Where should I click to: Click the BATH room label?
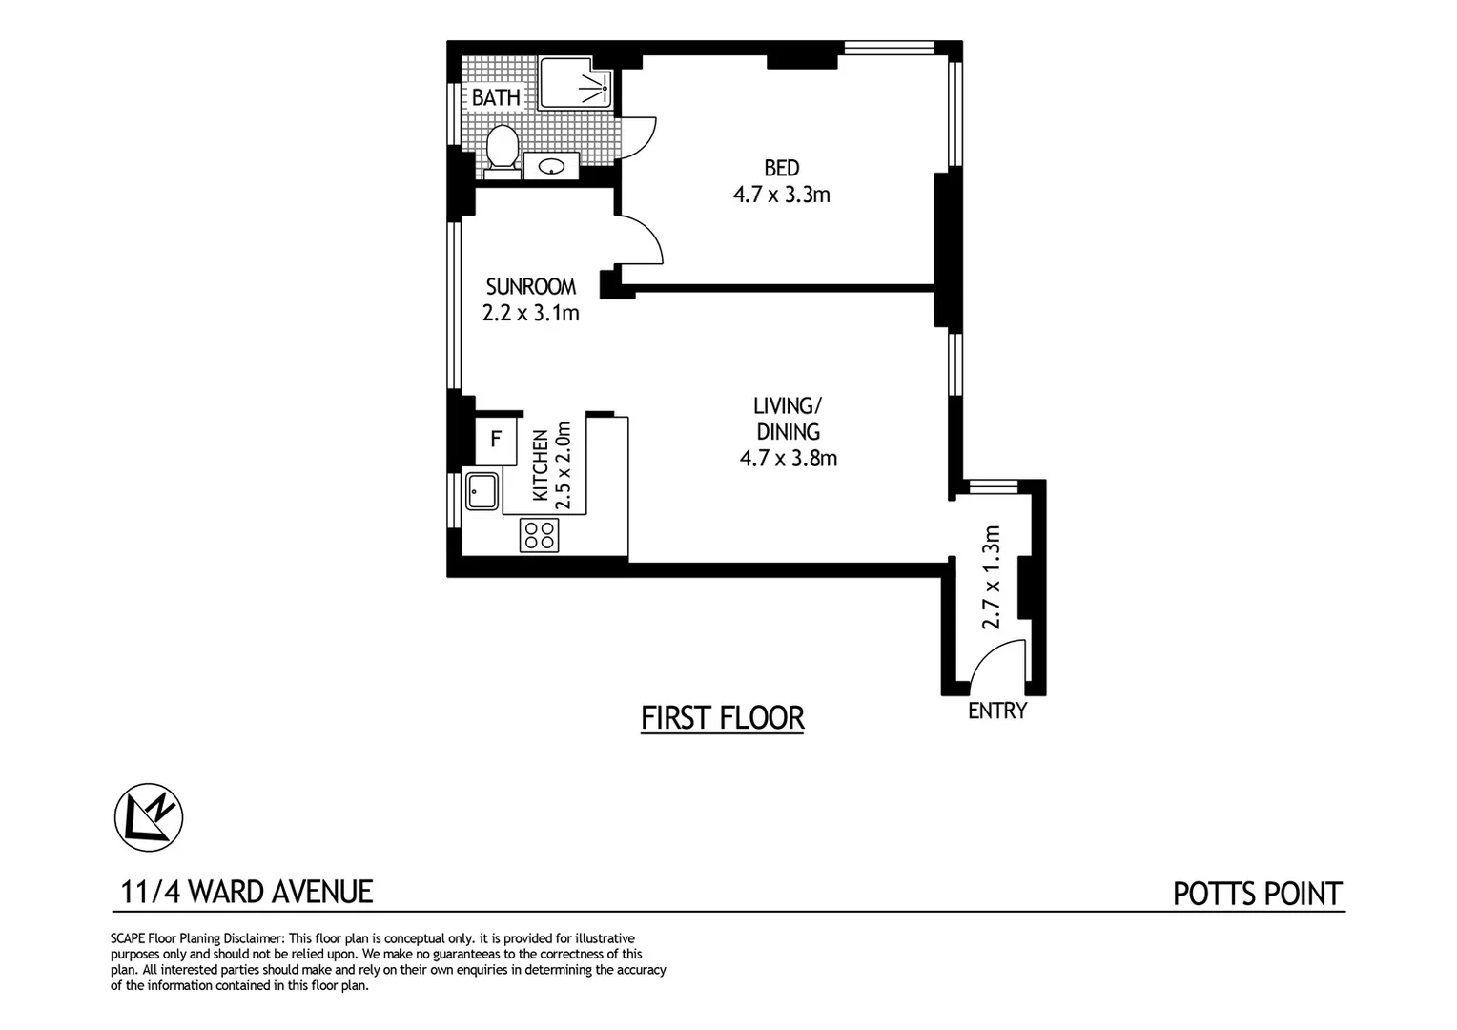click(x=496, y=97)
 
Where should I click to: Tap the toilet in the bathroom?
click(x=501, y=150)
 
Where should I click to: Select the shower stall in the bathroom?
click(x=575, y=83)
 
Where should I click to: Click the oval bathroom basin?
click(x=551, y=168)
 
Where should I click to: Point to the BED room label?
click(x=781, y=169)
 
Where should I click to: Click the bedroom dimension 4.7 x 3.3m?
click(x=781, y=196)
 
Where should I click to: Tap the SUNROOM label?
click(x=530, y=286)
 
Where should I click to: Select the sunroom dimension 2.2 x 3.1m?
click(x=530, y=313)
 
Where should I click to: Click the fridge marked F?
click(x=495, y=440)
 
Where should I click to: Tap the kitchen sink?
click(x=482, y=492)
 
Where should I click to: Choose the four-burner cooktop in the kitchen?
click(x=539, y=535)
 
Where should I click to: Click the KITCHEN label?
click(x=541, y=465)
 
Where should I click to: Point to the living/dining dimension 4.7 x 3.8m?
click(x=788, y=459)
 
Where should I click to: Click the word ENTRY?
click(x=996, y=711)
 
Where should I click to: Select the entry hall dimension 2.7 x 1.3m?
click(x=992, y=577)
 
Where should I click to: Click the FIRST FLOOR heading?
click(x=722, y=717)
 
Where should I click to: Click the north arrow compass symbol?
click(x=149, y=817)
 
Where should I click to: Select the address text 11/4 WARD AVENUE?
click(x=247, y=892)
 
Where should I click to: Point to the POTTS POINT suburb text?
click(x=1257, y=895)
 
